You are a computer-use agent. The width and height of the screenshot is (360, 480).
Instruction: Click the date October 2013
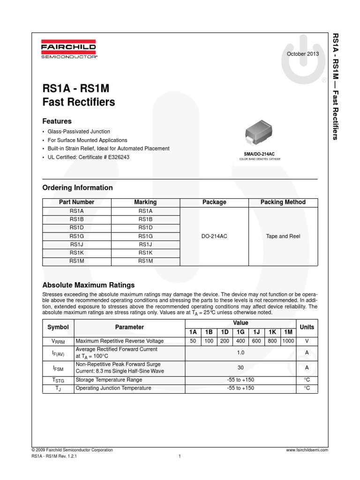(x=303, y=54)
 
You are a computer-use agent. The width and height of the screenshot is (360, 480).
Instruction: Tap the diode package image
(x=261, y=132)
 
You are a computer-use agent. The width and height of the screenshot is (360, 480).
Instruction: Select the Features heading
(x=57, y=121)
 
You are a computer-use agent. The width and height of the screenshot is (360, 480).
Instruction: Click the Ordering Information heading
(x=78, y=187)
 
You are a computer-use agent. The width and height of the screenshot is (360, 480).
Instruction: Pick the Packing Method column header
(x=283, y=202)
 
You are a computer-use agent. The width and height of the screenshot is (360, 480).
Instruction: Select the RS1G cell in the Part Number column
(x=77, y=236)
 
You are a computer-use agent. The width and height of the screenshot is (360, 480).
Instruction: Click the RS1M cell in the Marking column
(x=145, y=261)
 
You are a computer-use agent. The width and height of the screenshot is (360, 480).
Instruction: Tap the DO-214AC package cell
(x=214, y=236)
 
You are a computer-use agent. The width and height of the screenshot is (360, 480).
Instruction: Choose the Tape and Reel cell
(x=283, y=236)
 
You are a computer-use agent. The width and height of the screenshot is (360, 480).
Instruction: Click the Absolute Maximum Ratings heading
(x=89, y=285)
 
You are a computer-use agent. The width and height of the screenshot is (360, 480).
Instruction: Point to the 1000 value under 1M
(x=288, y=341)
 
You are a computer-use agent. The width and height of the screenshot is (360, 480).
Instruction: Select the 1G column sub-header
(x=240, y=331)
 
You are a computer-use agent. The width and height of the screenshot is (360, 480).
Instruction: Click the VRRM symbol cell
(x=58, y=341)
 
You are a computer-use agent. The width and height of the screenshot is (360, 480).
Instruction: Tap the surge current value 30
(x=241, y=368)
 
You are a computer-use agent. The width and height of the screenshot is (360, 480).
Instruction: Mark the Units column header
(x=307, y=327)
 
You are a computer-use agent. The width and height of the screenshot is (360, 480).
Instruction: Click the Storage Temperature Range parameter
(x=109, y=380)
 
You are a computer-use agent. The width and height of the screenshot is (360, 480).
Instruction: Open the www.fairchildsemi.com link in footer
(x=307, y=450)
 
